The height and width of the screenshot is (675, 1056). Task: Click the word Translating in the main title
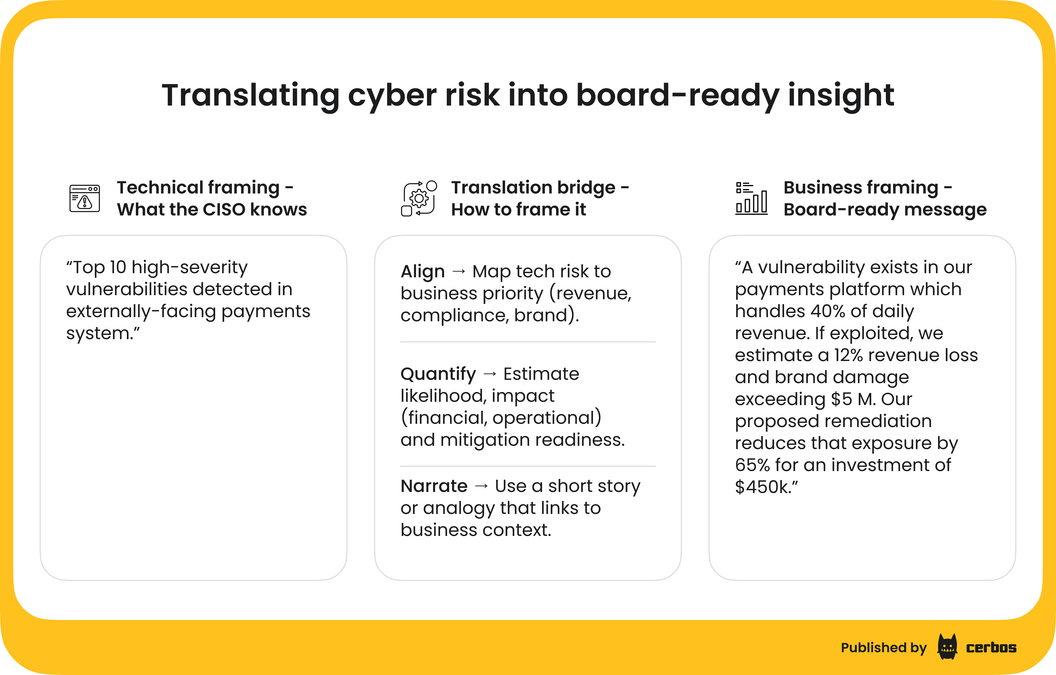[250, 96]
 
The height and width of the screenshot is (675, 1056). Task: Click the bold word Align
[422, 272]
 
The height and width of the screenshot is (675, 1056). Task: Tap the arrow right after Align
[459, 272]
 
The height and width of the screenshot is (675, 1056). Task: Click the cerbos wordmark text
[991, 647]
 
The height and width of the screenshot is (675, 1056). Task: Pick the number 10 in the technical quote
[118, 267]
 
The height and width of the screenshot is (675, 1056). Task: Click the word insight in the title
[841, 96]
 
